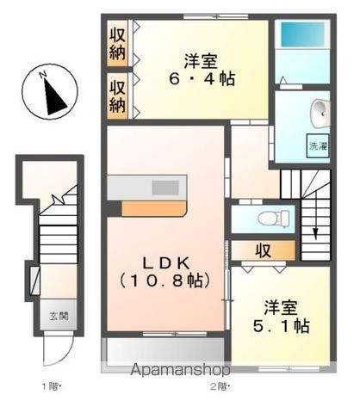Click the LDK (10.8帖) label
click(x=167, y=271)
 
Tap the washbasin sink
click(x=320, y=112)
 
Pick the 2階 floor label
click(x=221, y=385)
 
